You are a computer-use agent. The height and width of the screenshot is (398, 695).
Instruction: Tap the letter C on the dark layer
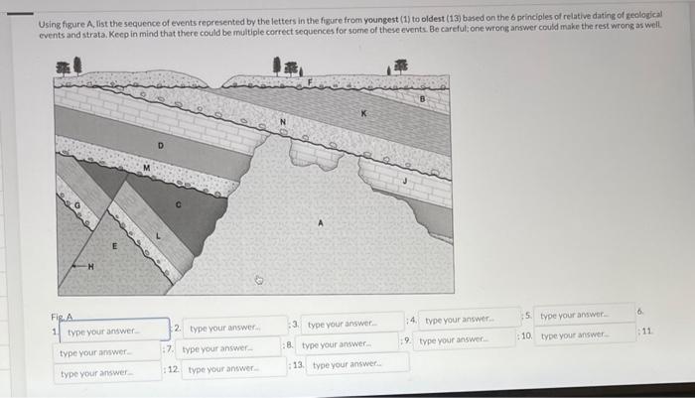[x=179, y=205]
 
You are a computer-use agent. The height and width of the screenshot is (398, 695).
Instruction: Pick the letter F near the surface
[x=310, y=80]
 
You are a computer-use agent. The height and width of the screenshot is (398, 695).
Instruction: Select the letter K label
[x=363, y=114]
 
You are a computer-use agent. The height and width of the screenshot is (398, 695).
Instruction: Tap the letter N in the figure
[x=282, y=123]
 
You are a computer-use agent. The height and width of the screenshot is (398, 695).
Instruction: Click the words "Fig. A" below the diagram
[x=63, y=317]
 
